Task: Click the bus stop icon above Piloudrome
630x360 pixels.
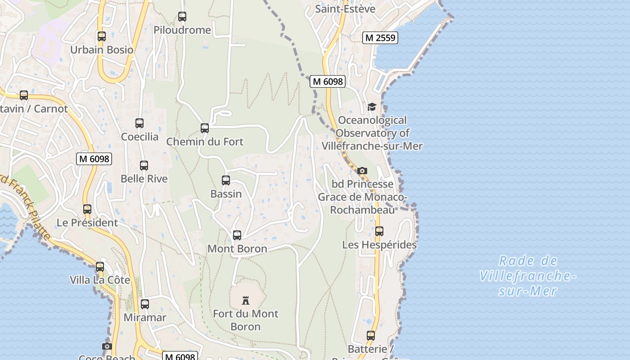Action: coord(182,17)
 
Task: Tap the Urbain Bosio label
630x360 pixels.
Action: coord(102,49)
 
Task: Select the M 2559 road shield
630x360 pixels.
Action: coord(380,38)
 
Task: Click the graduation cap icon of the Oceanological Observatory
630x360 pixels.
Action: coord(372,107)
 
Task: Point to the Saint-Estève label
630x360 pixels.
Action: coord(345,9)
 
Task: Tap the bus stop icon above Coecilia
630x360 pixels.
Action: coord(139,123)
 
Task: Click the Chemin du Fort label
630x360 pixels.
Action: coord(205,142)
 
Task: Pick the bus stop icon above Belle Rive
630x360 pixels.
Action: coord(144,166)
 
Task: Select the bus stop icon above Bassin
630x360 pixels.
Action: coord(226,180)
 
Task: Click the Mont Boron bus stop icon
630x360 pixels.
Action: coord(237,235)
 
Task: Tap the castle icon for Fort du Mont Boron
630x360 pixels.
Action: coord(246,300)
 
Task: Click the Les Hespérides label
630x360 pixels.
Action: coord(379,245)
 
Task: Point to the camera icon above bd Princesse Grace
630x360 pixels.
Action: coord(362,171)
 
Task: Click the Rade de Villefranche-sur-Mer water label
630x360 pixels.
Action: coord(528,276)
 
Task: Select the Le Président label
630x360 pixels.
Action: coord(87,223)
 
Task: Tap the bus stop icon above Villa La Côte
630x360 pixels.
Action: coord(100,266)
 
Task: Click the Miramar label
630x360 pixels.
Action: coord(145,317)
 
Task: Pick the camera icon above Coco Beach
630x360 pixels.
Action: coord(107,346)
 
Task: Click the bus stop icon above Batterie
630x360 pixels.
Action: coord(371,336)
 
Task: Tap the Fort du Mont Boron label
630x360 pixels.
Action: coord(246,320)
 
